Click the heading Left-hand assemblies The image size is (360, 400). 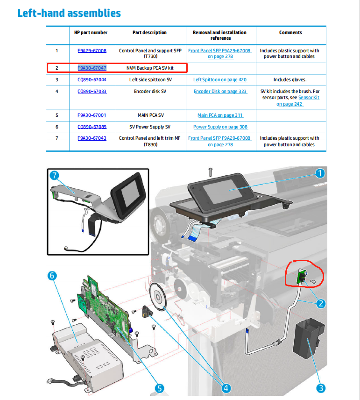[69, 13]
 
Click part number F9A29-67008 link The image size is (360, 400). [92, 51]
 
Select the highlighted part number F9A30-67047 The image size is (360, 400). [92, 68]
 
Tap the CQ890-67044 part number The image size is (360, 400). [92, 80]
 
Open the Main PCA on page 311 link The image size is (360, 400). [220, 115]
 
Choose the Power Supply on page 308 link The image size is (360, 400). [220, 127]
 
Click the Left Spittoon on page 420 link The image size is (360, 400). [220, 80]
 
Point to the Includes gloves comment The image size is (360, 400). [290, 80]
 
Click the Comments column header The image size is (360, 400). [290, 33]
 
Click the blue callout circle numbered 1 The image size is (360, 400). [319, 174]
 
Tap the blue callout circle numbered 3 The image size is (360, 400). [321, 387]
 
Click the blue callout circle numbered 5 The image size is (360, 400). [159, 388]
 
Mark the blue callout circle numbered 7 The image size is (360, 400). [55, 176]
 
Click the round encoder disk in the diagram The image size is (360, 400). [159, 297]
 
